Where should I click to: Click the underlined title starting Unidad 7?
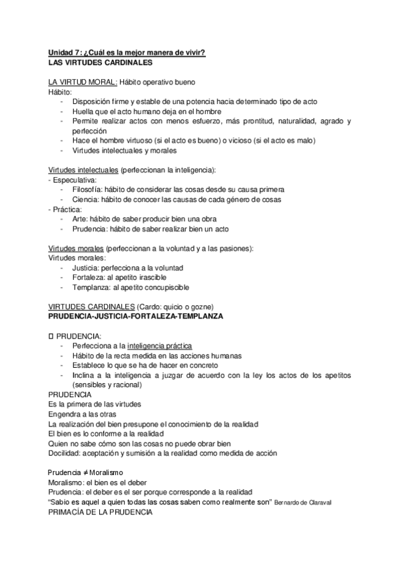pyautogui.click(x=127, y=53)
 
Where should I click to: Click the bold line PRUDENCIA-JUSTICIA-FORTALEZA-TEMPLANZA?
pyautogui.click(x=137, y=316)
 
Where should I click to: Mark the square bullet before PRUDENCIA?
pyautogui.click(x=51, y=336)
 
